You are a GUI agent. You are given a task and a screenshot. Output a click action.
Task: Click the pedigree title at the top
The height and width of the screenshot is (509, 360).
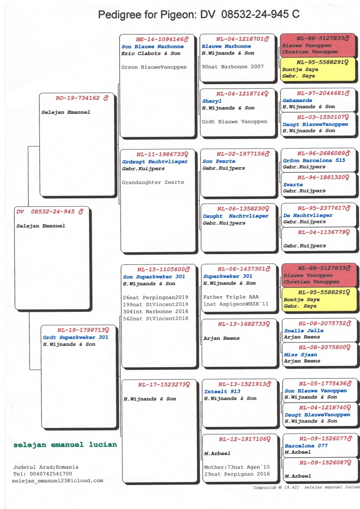coord(198,15)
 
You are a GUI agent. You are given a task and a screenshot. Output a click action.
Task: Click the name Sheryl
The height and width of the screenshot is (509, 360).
coord(211,102)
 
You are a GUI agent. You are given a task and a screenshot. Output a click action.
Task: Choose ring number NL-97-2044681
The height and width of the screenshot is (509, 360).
coord(316,94)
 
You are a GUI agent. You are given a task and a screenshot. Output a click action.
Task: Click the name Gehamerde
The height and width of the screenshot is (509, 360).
coord(297,101)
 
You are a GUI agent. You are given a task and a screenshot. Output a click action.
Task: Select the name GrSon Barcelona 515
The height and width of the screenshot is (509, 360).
coord(314,161)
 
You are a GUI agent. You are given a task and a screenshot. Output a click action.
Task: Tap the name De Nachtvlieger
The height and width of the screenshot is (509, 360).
coord(308,216)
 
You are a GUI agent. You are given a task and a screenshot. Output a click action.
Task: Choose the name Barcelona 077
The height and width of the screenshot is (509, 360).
coord(306,446)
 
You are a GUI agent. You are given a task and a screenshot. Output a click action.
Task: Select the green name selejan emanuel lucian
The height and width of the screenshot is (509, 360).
coord(65,445)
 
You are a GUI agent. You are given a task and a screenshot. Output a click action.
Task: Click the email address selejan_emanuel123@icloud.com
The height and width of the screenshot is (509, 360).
coord(58,481)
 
